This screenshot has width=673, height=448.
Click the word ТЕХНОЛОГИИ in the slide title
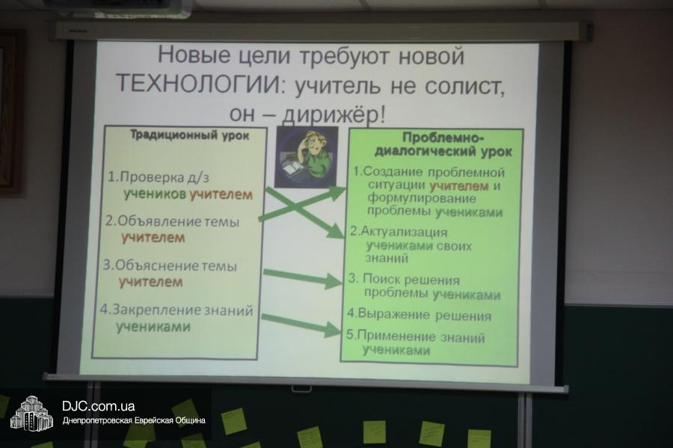(197, 85)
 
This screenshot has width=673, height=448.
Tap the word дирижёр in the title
(330, 113)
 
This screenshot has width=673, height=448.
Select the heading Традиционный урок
(189, 135)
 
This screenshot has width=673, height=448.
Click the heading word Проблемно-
(443, 138)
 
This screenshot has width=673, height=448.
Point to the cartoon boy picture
(306, 157)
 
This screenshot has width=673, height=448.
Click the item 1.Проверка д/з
(159, 177)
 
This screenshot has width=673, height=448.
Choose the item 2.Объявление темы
(172, 221)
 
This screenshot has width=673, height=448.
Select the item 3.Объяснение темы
(170, 266)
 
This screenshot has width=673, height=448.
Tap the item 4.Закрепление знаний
(176, 310)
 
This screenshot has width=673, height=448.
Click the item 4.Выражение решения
(419, 315)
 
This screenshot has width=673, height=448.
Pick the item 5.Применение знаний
(416, 336)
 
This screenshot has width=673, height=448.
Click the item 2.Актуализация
(399, 232)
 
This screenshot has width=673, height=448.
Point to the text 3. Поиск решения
(404, 280)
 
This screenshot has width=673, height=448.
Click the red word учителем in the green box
(459, 185)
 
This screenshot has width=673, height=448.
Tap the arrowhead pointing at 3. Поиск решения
(334, 281)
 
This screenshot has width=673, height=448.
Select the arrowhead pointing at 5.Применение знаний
(333, 330)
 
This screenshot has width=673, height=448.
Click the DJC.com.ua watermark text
(98, 406)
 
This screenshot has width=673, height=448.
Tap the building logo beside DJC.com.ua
(31, 414)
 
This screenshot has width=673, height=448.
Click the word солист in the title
(464, 85)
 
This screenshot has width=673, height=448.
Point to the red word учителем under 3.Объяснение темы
(150, 282)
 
